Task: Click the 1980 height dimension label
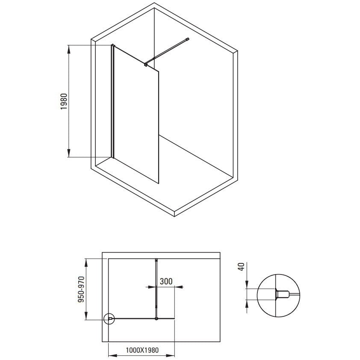[x=64, y=101]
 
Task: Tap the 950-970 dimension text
[x=81, y=289]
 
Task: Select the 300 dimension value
[x=166, y=281]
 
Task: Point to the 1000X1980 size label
[x=142, y=350]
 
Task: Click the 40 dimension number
[x=241, y=267]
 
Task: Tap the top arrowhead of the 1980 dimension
[x=69, y=49]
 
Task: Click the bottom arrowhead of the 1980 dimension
[x=69, y=153]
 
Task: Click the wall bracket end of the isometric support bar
[x=188, y=39]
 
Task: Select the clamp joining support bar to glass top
[x=145, y=64]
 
